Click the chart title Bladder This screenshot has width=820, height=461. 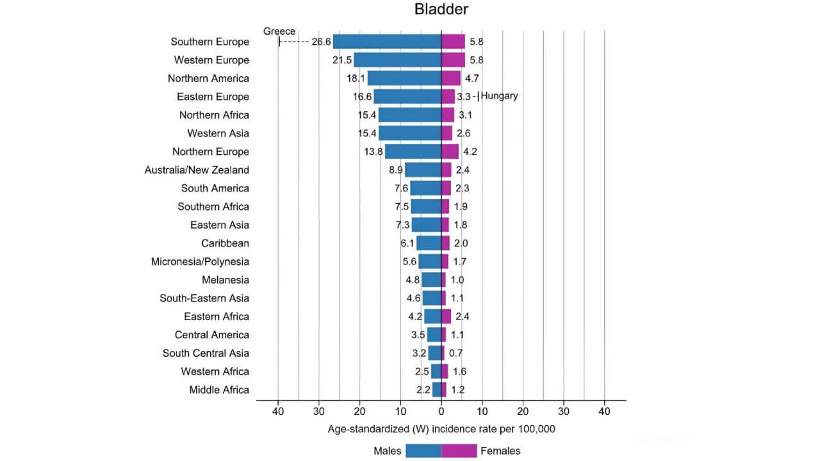pos(441,10)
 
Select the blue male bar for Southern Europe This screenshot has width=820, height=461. pos(387,42)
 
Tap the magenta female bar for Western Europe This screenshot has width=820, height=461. pos(453,60)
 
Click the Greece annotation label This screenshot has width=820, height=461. pos(279,31)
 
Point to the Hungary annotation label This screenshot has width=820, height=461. pos(499,96)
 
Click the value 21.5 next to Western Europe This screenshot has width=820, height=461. pos(342,60)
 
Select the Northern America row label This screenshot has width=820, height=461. pos(208,78)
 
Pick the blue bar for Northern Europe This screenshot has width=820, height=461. pos(413,152)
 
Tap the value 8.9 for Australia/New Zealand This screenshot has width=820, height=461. pos(395,170)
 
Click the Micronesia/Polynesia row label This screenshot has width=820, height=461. pos(200,262)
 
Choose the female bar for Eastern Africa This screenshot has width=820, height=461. pos(446,316)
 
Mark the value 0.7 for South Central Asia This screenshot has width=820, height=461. pos(455,353)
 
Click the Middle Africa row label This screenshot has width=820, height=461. pos(219,390)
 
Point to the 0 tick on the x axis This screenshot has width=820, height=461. pos(441,412)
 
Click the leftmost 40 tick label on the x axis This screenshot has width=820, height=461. pos(278,412)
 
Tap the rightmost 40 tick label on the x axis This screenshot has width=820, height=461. pos(604,412)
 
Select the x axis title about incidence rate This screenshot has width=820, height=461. pos(441,429)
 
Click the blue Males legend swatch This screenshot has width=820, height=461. pos(423,451)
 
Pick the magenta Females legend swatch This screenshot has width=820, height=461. pos(459,451)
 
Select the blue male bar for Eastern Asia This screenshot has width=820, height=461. pos(426,225)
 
